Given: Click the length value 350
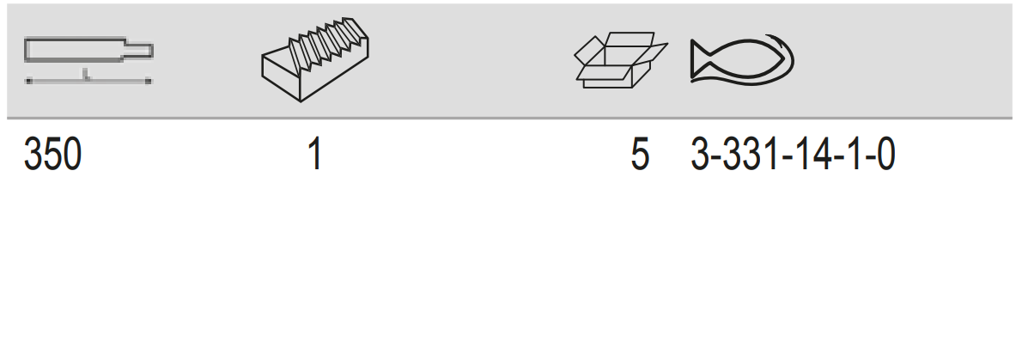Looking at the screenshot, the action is click(52, 156).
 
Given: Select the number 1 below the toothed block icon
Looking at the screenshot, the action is click(315, 156).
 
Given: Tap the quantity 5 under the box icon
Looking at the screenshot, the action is click(640, 156).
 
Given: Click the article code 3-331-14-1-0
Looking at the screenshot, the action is click(793, 156).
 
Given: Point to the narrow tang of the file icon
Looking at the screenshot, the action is click(138, 50).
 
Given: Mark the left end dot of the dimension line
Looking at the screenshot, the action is click(28, 81).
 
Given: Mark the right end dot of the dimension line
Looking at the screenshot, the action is click(149, 81).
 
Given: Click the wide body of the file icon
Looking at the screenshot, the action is click(75, 50).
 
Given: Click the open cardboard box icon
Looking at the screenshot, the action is click(620, 60).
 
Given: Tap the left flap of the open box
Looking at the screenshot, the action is click(588, 51).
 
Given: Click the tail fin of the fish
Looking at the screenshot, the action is click(702, 60).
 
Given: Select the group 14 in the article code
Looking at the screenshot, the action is click(808, 156).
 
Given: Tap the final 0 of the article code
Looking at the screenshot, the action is click(885, 156).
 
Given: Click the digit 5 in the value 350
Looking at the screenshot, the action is click(52, 156).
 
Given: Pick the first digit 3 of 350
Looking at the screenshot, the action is click(33, 156).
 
